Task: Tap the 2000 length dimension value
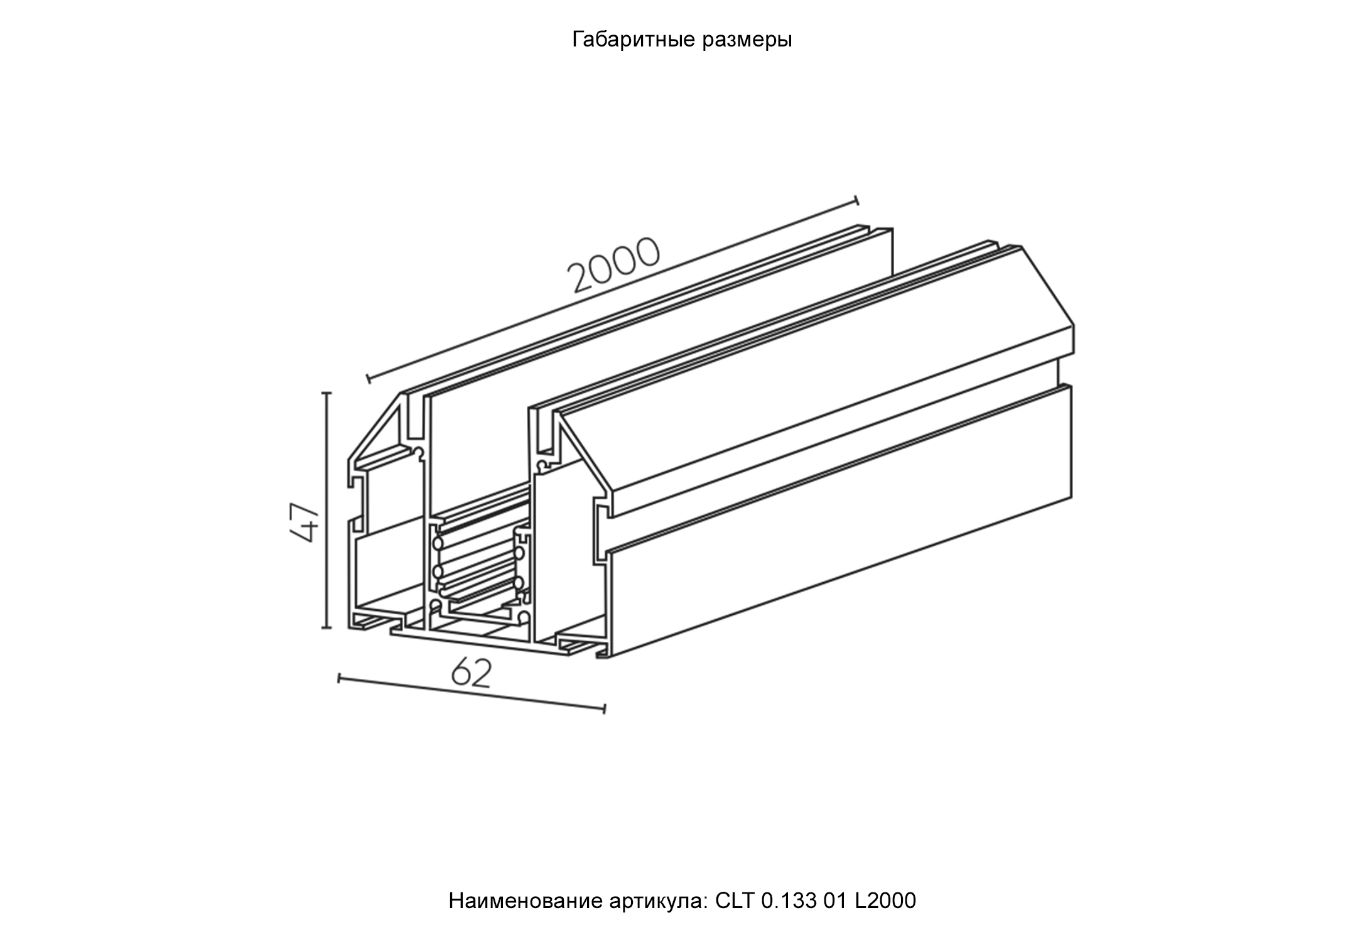(x=613, y=265)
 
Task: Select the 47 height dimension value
(x=305, y=521)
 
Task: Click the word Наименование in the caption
(x=526, y=901)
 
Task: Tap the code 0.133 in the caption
(x=789, y=901)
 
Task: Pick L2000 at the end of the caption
(x=886, y=901)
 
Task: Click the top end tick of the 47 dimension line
(x=326, y=392)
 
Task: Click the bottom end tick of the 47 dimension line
(x=326, y=627)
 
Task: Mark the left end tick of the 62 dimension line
(x=339, y=678)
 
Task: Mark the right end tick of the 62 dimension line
(x=604, y=709)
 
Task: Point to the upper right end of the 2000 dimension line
(x=857, y=200)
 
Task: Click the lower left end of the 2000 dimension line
(x=368, y=379)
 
